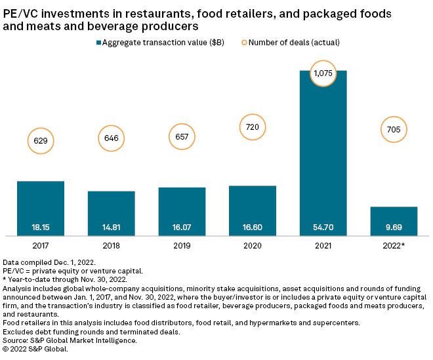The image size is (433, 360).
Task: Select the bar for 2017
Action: (40, 208)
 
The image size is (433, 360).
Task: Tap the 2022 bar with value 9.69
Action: (394, 221)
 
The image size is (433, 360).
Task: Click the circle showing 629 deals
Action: (40, 140)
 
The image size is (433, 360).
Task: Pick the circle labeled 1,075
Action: (323, 74)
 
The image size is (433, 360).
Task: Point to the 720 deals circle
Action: (253, 123)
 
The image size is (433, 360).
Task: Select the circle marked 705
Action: (394, 129)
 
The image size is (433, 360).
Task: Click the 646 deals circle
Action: (111, 138)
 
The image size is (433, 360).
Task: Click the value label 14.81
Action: (111, 227)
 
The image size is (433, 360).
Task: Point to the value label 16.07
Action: (182, 227)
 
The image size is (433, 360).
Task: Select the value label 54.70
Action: (323, 227)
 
